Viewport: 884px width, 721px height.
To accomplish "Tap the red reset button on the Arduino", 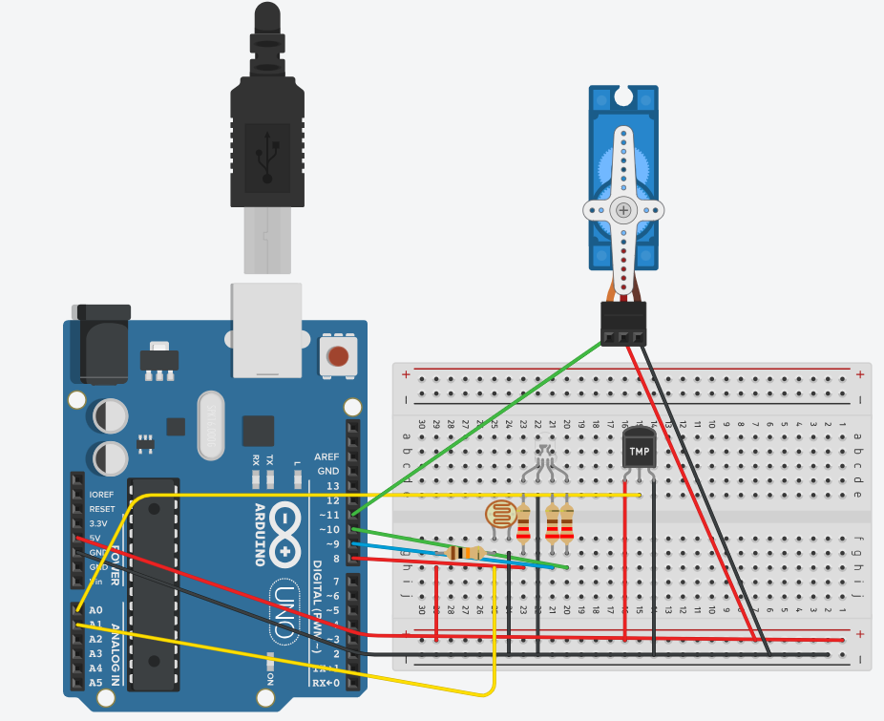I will pos(337,357).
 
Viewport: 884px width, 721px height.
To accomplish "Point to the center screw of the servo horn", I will pos(623,209).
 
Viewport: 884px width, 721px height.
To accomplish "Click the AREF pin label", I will pos(327,456).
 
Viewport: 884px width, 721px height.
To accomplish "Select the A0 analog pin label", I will pos(95,609).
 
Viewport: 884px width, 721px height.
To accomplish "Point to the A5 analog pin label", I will pos(95,683).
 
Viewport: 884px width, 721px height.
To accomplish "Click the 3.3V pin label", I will pos(98,523).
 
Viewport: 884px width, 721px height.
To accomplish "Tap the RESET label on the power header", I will pos(102,509).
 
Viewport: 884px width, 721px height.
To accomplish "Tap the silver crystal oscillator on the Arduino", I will pos(210,425).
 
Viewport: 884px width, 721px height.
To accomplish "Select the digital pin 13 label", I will pos(332,486).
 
